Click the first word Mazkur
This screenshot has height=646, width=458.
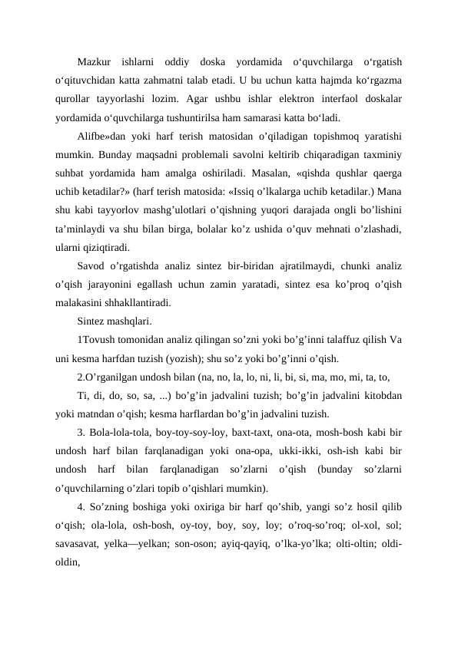95,61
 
